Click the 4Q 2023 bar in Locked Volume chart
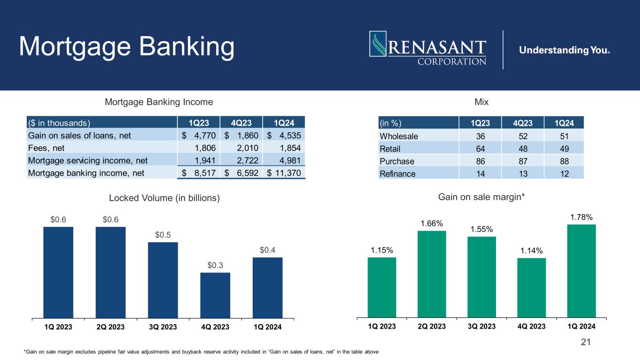point(215,295)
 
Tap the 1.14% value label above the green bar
point(531,251)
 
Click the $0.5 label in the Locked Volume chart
point(163,234)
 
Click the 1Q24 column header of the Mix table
point(565,123)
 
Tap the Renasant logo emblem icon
point(377,47)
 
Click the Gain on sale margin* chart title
point(481,198)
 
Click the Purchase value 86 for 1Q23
point(478,161)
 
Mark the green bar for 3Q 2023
point(482,277)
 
